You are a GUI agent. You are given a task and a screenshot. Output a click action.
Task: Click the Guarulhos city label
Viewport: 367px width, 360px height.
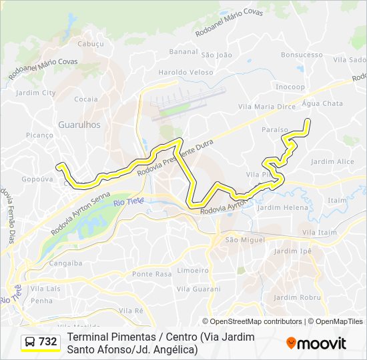[x=79, y=125]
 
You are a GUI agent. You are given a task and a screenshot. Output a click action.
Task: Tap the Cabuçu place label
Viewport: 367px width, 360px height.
[x=91, y=44]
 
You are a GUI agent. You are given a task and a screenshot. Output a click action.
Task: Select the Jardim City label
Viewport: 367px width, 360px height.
[x=35, y=93]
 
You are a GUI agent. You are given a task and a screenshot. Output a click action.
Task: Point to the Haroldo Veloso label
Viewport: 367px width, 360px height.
[x=186, y=72]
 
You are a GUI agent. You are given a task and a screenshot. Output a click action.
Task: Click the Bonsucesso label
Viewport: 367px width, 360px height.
[x=302, y=55]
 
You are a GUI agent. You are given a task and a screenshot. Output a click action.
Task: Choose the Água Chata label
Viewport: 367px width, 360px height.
[x=322, y=103]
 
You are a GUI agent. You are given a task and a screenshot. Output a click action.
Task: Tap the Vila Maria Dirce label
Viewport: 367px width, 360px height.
[x=267, y=107]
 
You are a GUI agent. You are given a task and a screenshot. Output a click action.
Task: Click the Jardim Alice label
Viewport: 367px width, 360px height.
[x=332, y=161]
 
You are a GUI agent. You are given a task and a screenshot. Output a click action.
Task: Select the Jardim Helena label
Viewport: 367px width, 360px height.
[x=283, y=207]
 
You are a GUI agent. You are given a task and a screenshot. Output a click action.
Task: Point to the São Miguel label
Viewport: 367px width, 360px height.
[x=245, y=239]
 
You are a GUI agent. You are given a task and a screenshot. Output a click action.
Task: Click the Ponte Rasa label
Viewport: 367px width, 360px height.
[x=152, y=274]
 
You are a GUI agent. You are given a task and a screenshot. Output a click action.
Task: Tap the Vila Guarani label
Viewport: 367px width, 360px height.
[x=198, y=289]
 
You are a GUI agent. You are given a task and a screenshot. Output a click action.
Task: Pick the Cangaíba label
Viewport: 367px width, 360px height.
[x=66, y=263]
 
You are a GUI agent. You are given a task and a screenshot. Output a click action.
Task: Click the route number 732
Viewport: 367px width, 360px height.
[x=48, y=342]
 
